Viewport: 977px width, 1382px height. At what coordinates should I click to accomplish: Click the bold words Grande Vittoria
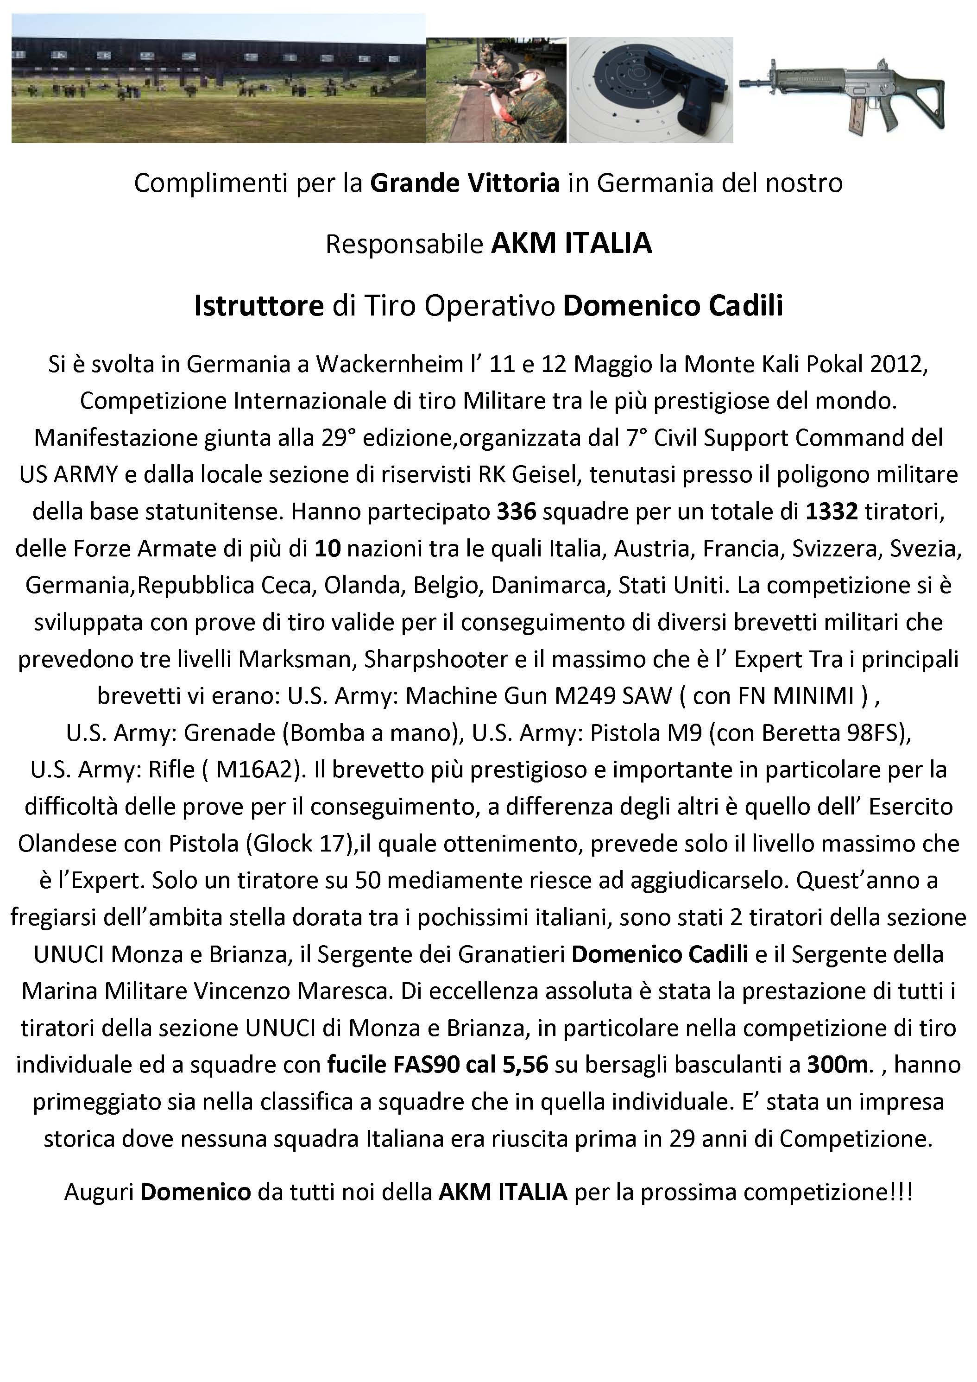(465, 183)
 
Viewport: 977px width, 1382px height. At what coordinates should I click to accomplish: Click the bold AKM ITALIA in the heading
(571, 244)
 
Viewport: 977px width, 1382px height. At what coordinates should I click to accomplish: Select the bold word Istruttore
(259, 306)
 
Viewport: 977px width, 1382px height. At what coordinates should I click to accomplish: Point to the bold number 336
(516, 511)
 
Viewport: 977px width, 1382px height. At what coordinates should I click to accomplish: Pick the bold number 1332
(832, 511)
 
